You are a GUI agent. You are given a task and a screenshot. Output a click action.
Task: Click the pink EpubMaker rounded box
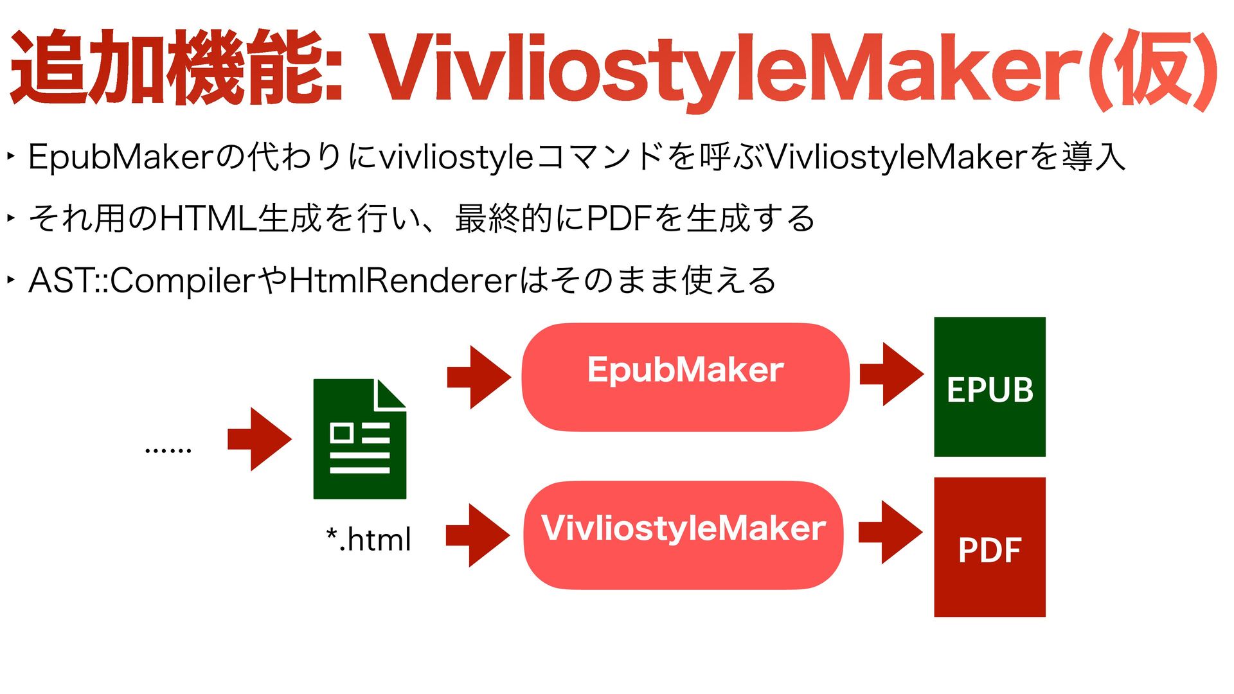coord(685,377)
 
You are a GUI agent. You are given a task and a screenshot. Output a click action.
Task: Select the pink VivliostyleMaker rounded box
coord(683,535)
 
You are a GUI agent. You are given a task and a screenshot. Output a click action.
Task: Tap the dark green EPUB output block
coord(989,387)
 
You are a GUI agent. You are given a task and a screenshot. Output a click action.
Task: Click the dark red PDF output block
coord(989,547)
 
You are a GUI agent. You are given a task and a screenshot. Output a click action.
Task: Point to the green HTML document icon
coord(359,439)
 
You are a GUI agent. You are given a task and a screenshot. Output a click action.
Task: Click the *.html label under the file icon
coord(368,539)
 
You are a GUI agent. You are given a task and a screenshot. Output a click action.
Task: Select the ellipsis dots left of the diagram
coord(168,450)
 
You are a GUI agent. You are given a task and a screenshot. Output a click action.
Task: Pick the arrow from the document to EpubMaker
coord(479,377)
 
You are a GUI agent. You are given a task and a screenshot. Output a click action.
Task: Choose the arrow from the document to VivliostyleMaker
coord(478,535)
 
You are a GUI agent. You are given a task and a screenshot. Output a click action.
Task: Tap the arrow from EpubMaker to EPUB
coord(891,374)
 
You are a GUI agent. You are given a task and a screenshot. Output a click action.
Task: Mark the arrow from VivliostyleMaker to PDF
coord(890,532)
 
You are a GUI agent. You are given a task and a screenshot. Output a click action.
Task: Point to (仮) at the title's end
coord(1157,69)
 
